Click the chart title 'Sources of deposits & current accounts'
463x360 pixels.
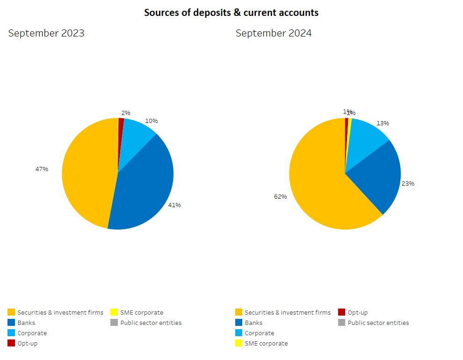tap(231, 13)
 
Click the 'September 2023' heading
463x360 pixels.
tap(46, 33)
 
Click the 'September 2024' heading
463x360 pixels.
tap(274, 33)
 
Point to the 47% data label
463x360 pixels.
tap(42, 169)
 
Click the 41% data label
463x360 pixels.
tap(174, 205)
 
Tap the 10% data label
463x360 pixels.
tap(152, 121)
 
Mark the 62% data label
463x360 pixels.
tap(280, 196)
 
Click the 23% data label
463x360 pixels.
tap(408, 183)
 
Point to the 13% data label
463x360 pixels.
tap(383, 123)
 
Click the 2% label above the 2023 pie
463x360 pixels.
tap(126, 113)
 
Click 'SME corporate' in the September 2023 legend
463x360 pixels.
tap(141, 312)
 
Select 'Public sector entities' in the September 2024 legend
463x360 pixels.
tap(378, 323)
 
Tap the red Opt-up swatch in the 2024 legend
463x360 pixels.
tap(341, 312)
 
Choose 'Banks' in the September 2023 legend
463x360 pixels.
tap(26, 323)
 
